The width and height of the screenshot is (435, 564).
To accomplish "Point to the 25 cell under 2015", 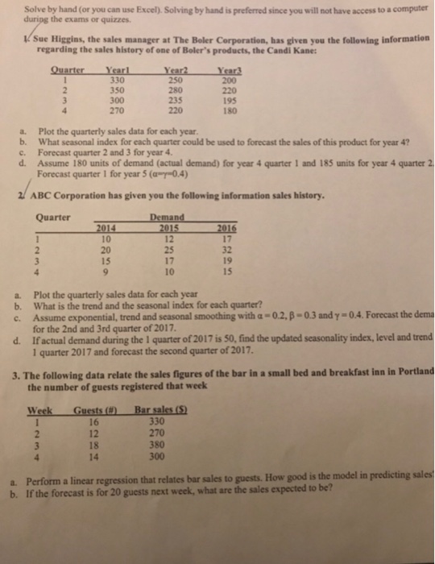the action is click(168, 250).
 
